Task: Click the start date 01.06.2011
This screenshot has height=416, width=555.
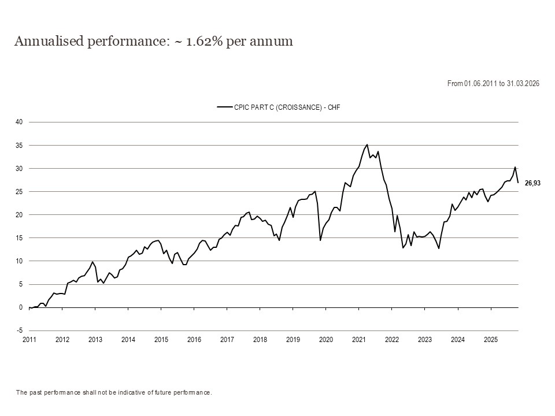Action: [480, 84]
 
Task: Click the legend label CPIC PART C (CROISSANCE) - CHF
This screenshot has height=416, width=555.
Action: [278, 107]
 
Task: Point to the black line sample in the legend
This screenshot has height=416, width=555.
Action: [224, 107]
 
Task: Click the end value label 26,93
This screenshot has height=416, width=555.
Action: [532, 183]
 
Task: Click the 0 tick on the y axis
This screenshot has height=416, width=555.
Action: [20, 307]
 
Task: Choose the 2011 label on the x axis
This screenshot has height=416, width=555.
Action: [29, 340]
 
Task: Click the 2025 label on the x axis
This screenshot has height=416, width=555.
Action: [491, 340]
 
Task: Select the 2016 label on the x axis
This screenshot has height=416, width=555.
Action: [194, 340]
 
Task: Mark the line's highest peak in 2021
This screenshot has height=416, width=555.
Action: [367, 144]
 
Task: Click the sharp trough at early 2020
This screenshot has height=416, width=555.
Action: [320, 240]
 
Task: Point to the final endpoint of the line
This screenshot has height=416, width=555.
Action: [518, 183]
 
